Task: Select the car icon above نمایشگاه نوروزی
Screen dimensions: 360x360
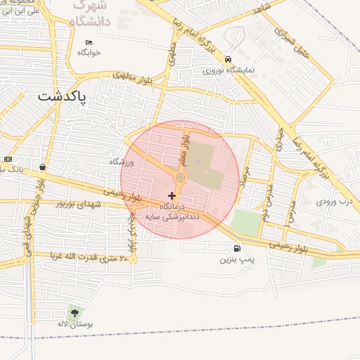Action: pyautogui.click(x=228, y=60)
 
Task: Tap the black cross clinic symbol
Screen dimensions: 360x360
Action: pyautogui.click(x=172, y=195)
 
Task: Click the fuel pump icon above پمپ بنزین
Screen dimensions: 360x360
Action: pyautogui.click(x=236, y=248)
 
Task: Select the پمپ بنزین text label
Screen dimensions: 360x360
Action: pyautogui.click(x=236, y=259)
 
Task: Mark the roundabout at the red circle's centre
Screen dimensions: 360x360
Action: pyautogui.click(x=180, y=179)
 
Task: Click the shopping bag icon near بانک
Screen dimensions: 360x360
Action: pyautogui.click(x=44, y=167)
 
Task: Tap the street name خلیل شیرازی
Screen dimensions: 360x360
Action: pyautogui.click(x=290, y=44)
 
